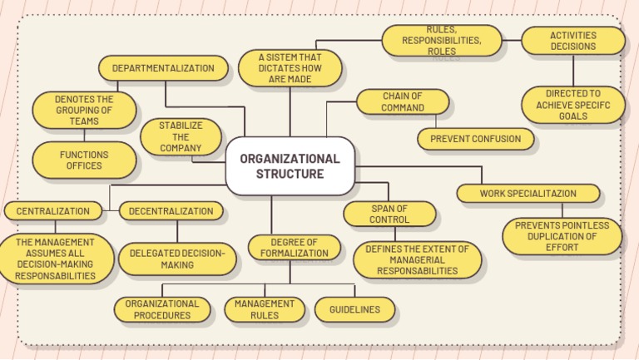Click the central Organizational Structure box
pos(290,166)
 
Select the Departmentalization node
pos(163,68)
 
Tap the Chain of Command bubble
pos(403,101)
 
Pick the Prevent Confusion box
pos(475,139)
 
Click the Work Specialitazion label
pos(528,194)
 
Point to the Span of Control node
pos(389,214)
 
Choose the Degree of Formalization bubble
pos(294,247)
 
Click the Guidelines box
pos(354,309)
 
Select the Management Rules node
pos(265,309)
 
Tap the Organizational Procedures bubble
pos(162,309)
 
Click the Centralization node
pos(52,211)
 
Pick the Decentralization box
pos(171,211)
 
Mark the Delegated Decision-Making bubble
pos(176,259)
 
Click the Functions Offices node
pos(84,160)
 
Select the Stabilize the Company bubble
pos(181,137)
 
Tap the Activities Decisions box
pos(572,41)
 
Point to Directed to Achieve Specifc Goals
pos(572,105)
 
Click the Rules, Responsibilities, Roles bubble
pos(441,40)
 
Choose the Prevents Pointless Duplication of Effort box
pos(562,236)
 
